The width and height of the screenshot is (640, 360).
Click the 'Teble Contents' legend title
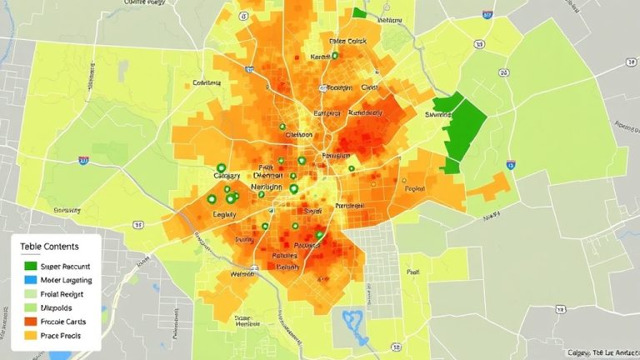click(51, 247)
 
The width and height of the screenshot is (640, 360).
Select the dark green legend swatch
click(30, 267)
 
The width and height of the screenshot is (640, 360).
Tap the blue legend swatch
click(30, 280)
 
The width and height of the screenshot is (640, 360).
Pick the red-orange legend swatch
click(30, 322)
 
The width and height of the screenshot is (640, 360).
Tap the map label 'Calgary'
click(227, 176)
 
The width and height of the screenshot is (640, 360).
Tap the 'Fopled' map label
click(415, 189)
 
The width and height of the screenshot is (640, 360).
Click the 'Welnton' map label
click(242, 272)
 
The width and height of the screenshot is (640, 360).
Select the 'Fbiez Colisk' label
click(347, 40)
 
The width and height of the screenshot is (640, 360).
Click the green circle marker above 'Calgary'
click(221, 168)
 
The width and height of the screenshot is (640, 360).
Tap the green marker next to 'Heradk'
click(334, 57)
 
